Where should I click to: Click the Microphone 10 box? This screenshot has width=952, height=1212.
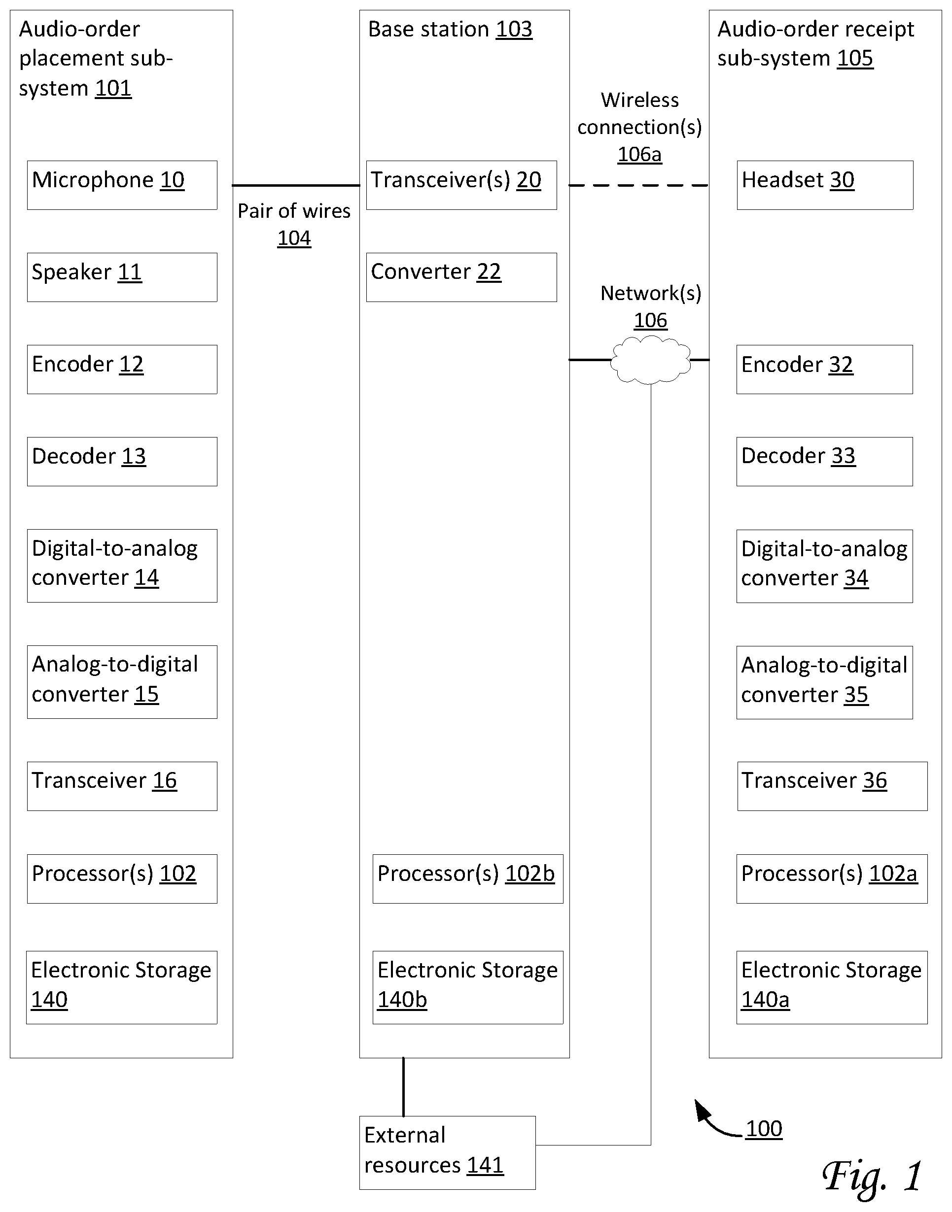122,185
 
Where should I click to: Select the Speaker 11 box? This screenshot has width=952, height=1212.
122,277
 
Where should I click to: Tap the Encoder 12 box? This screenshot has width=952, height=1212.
122,370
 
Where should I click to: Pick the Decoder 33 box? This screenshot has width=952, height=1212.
824,461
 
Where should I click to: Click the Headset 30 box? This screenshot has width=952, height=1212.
825,185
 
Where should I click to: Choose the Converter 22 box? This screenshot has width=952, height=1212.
461,277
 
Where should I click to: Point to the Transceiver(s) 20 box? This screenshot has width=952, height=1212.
461,185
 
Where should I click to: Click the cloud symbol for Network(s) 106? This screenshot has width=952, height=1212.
650,360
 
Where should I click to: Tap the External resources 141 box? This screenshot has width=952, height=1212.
448,1152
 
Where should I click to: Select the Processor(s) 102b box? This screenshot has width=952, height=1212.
468,878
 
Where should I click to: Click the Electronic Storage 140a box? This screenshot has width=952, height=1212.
832,987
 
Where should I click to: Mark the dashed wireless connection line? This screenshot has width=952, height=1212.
639,185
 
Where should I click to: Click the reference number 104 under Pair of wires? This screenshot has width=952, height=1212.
294,238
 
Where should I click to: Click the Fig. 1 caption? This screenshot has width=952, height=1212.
872,1177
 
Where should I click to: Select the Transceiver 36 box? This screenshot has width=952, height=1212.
833,786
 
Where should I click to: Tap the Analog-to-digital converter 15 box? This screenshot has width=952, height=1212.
122,682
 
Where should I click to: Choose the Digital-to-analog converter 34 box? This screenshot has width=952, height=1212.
824,566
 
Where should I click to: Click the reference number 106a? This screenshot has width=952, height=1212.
639,154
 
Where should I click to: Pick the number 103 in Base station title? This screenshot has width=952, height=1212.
514,29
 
